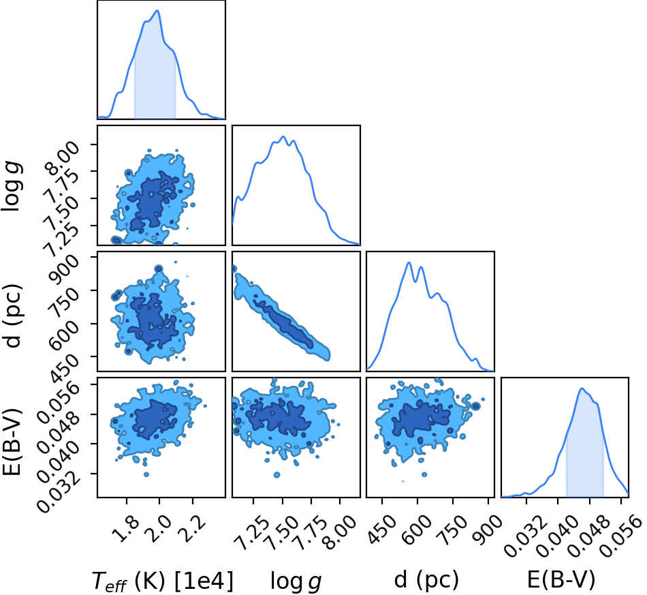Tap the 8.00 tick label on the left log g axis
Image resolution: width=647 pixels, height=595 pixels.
[x=63, y=158]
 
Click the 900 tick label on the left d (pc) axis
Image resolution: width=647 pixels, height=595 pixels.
[x=64, y=269]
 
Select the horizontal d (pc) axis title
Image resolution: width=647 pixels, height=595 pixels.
[x=426, y=580]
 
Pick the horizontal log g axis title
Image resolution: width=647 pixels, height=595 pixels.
[x=296, y=581]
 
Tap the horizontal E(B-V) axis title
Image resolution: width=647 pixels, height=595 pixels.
[x=561, y=580]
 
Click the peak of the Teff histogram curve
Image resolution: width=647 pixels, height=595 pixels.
[x=157, y=10]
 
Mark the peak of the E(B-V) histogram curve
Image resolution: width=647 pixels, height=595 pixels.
[x=582, y=388]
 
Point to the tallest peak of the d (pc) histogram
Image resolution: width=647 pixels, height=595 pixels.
[x=409, y=262]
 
